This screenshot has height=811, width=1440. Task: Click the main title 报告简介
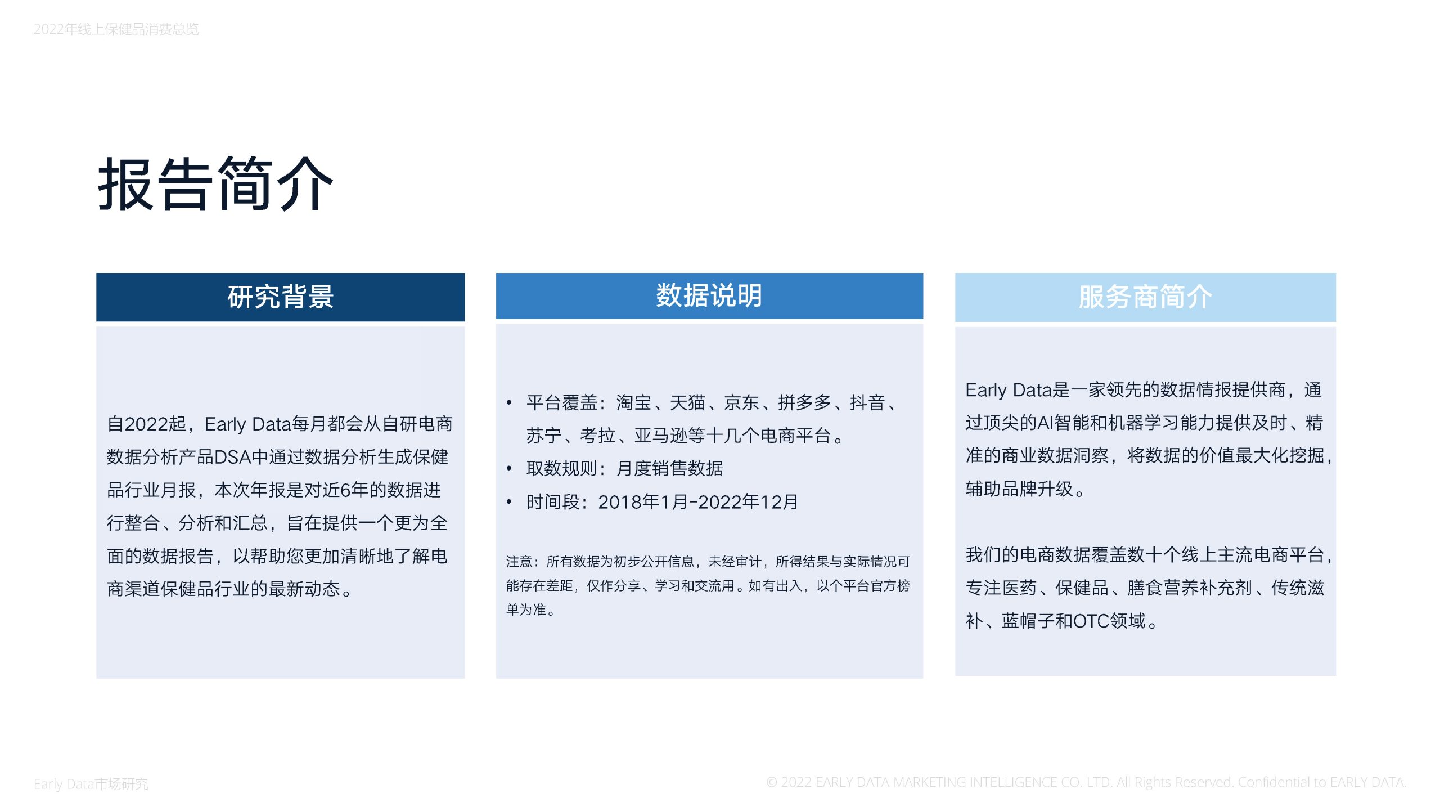coord(215,184)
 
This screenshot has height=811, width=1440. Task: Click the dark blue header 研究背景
coord(280,297)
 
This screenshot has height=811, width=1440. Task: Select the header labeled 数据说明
coord(709,296)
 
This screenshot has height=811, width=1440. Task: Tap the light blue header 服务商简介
coord(1145,297)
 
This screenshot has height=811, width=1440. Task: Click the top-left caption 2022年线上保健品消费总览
coord(116,29)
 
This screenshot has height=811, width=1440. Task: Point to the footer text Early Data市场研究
coord(91,783)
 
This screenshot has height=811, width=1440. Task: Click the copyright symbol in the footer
coord(772,782)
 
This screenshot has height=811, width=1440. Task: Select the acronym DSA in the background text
coord(232,457)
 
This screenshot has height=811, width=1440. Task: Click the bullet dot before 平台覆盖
coord(509,402)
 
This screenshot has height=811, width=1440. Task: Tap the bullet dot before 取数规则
coord(509,468)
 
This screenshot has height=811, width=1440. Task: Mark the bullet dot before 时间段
coord(509,501)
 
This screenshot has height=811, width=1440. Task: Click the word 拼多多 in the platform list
coord(804,402)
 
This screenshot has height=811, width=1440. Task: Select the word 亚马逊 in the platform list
coord(661,436)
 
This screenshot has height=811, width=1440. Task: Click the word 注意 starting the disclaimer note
coord(519,561)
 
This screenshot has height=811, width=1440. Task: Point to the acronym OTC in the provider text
coord(1091,621)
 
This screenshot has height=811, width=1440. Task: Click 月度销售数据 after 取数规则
coord(669,468)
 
